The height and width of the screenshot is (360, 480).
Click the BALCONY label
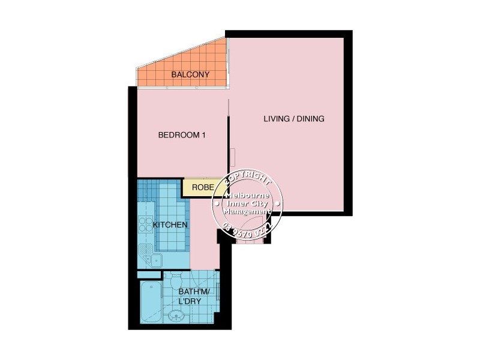click(190, 75)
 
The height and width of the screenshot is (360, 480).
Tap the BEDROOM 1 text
click(182, 136)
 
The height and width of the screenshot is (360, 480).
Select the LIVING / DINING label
click(294, 119)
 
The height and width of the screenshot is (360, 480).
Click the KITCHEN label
click(170, 225)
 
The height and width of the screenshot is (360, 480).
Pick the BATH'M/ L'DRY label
click(191, 296)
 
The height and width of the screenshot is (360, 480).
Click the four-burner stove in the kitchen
click(146, 225)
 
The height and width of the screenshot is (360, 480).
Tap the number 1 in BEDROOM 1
click(203, 136)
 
